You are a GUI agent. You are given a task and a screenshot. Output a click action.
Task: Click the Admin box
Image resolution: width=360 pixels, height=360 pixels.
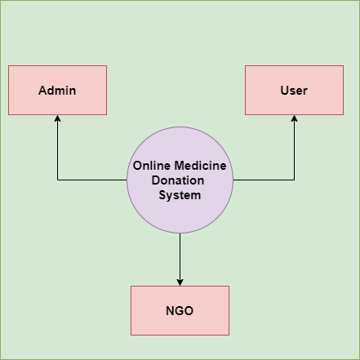(x=57, y=90)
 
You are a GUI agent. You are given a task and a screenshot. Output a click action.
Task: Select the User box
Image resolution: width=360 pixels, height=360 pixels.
(x=294, y=90)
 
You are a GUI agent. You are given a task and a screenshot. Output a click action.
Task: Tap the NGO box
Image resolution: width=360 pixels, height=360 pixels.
(x=180, y=310)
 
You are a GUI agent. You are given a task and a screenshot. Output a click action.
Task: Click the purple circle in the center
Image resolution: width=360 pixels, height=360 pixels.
(x=180, y=180)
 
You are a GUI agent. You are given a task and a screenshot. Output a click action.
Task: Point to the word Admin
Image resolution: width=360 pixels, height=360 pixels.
(x=57, y=91)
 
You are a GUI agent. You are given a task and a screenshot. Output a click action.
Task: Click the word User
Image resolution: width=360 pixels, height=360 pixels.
(x=294, y=91)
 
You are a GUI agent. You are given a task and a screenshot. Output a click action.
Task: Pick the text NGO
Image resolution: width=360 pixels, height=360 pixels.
(x=180, y=311)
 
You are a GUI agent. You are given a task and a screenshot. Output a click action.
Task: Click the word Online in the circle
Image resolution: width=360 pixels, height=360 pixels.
(x=152, y=166)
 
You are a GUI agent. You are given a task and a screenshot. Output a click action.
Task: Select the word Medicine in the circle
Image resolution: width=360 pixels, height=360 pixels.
(x=200, y=166)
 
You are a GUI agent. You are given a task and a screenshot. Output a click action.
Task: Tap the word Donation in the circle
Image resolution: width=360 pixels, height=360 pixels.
(x=178, y=180)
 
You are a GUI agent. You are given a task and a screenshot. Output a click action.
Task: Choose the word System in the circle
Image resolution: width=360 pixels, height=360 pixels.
(x=180, y=195)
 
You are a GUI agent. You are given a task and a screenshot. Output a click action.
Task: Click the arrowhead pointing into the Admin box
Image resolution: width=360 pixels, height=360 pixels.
(x=57, y=118)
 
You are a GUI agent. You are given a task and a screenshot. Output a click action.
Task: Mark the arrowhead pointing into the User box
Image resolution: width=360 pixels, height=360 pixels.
(x=294, y=118)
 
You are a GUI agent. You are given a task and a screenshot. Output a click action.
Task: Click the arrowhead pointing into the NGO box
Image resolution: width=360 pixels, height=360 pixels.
(x=180, y=282)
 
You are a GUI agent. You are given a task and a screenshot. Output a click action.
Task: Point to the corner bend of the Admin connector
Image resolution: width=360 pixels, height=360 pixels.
(x=57, y=180)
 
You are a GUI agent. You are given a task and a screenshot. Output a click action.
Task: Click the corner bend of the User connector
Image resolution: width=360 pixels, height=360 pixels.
(x=294, y=180)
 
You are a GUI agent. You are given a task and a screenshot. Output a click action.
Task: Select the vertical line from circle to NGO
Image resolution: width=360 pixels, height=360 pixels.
(x=180, y=256)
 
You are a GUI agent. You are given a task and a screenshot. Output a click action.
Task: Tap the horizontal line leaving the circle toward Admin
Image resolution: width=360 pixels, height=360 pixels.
(x=92, y=180)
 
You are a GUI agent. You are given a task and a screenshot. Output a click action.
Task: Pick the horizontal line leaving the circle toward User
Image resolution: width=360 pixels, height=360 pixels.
(x=264, y=180)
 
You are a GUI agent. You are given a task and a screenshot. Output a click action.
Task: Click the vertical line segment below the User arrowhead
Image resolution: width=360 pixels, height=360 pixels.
(x=294, y=150)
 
